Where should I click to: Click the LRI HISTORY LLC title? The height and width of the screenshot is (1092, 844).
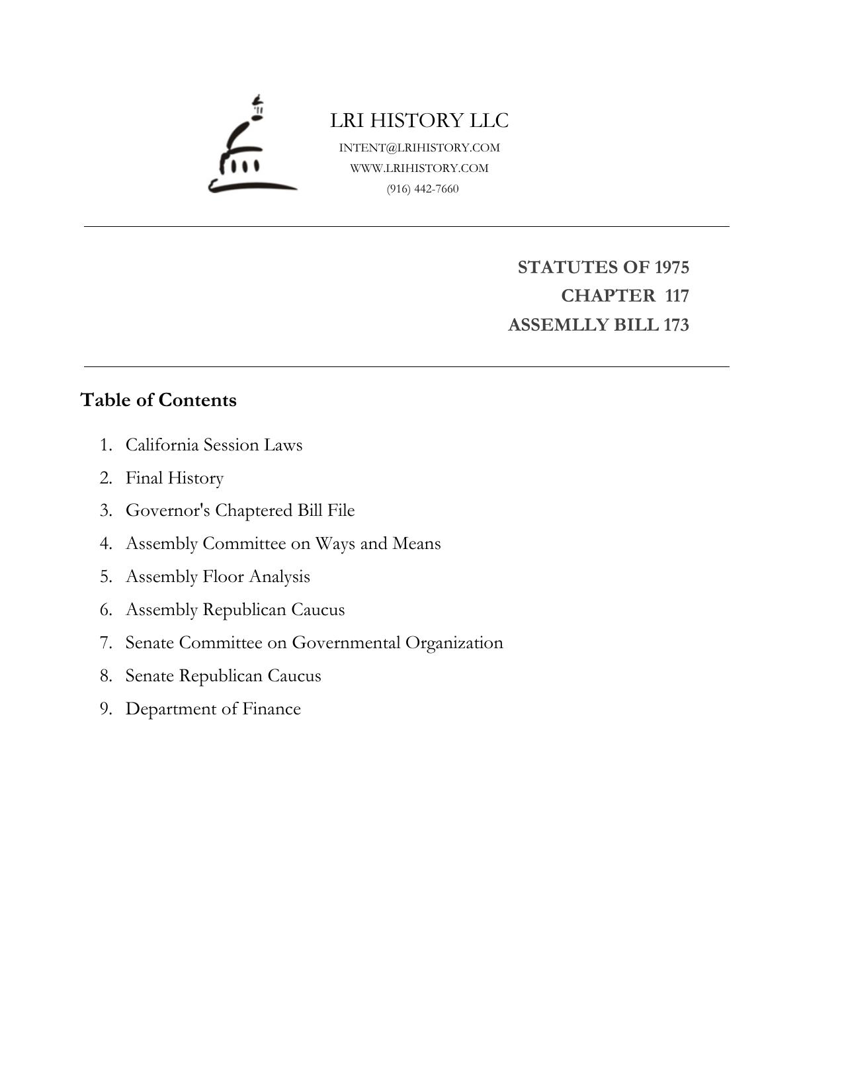coord(419,120)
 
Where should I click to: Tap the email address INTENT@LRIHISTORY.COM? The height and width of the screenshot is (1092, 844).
coord(419,147)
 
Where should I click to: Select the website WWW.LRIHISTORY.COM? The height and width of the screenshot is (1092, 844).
coord(419,168)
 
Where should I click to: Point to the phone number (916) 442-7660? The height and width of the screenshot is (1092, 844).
coord(423,189)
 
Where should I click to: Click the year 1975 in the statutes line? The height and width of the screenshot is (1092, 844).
coord(671,267)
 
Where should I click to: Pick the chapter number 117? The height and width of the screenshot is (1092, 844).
coord(677,296)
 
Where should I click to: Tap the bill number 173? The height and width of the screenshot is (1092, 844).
coord(676,325)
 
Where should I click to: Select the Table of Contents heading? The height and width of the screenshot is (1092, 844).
coord(158,400)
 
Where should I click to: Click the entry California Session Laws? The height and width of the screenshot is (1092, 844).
coord(214,445)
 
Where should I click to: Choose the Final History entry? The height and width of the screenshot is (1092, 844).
coord(175,478)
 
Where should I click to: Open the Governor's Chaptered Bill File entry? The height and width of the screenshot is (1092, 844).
coord(240,511)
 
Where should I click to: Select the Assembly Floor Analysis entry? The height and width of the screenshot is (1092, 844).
coord(218,577)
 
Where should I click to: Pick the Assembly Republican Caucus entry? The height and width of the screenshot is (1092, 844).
coord(235,610)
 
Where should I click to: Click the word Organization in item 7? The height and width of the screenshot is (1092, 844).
coord(454,643)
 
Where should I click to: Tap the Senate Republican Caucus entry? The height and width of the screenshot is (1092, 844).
coord(223,676)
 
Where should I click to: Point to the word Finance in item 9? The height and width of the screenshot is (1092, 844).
coord(271,709)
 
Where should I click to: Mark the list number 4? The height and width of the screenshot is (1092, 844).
coord(106,544)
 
